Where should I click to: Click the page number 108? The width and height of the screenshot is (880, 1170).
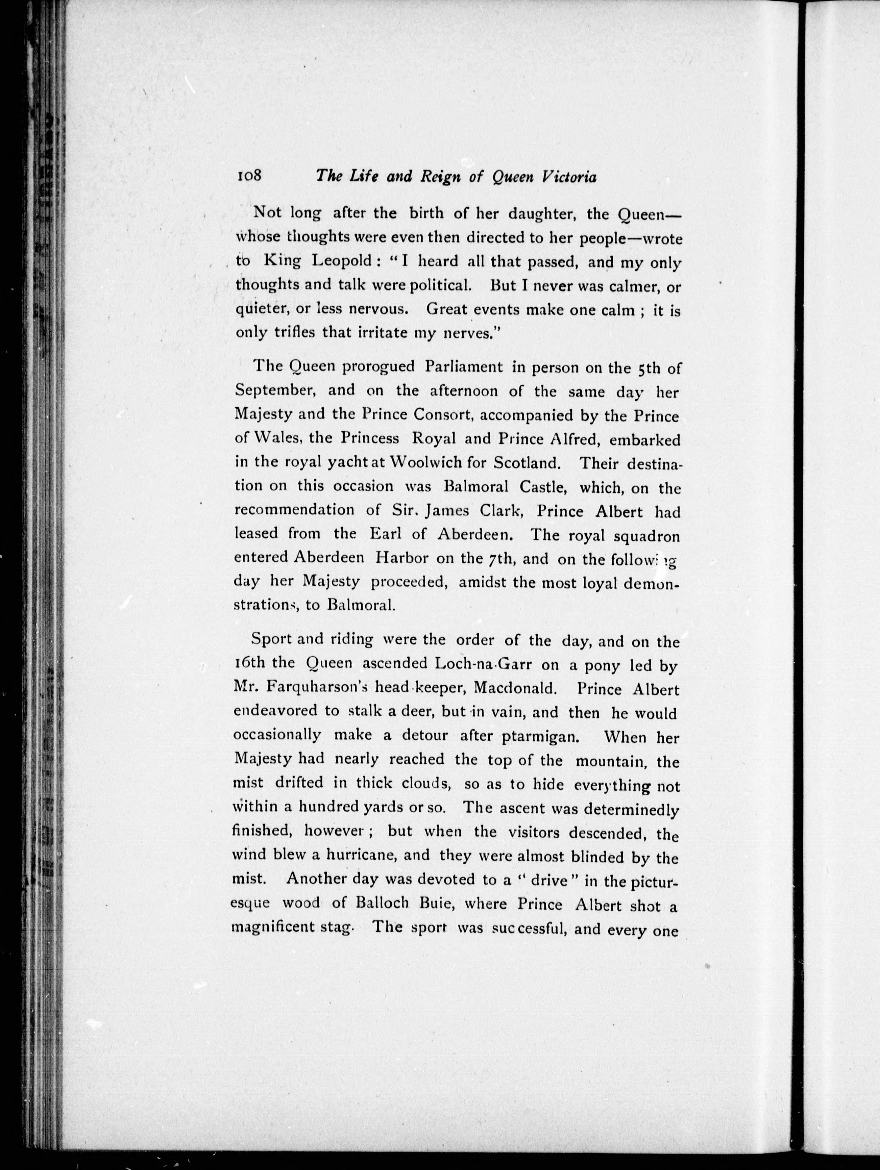coord(249,176)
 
